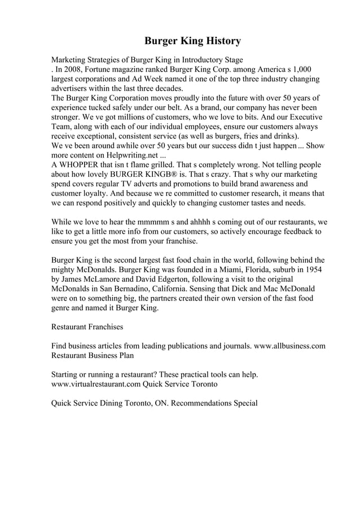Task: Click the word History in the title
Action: [x=218, y=41]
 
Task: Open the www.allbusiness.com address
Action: [x=289, y=346]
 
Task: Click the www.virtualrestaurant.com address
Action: [x=96, y=384]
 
